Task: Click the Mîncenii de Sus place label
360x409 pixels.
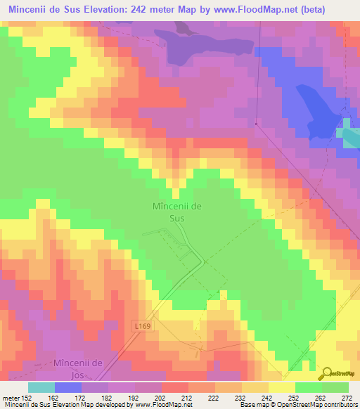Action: [177, 212]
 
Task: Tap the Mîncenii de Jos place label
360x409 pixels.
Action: [79, 368]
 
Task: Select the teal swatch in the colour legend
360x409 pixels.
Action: [41, 387]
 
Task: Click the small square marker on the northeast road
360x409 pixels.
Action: [256, 125]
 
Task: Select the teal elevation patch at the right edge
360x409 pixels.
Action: [348, 135]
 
